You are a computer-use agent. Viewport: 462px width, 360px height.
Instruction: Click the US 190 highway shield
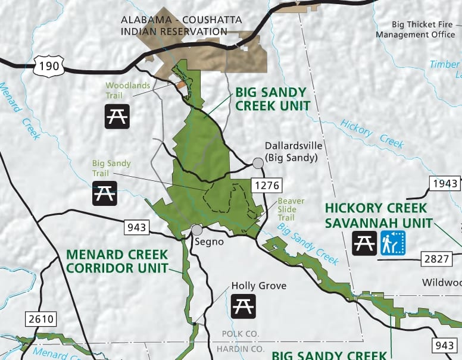(48, 65)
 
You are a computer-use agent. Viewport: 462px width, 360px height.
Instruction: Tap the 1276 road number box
(266, 185)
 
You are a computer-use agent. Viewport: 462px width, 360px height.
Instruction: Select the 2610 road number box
(41, 319)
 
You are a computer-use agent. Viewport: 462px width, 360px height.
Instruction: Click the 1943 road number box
(445, 183)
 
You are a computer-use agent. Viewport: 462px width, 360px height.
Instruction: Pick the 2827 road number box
(436, 258)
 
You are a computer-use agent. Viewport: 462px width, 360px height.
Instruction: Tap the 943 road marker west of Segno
(136, 227)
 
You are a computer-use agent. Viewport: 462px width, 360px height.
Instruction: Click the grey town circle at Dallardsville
(258, 163)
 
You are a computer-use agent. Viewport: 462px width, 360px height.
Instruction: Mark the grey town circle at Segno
(197, 230)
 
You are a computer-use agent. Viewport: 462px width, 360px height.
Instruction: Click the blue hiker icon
(393, 243)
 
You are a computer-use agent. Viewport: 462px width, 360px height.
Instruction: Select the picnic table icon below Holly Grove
(243, 306)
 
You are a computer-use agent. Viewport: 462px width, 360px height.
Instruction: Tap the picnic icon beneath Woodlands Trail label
(117, 116)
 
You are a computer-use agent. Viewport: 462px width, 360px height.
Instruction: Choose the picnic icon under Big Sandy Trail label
(105, 193)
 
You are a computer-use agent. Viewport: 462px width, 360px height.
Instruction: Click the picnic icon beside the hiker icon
(364, 243)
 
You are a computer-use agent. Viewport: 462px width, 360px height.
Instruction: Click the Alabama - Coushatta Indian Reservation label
(181, 26)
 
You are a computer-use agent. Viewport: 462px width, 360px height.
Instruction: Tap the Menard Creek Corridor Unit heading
(117, 261)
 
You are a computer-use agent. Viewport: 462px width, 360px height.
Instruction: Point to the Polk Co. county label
(241, 334)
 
